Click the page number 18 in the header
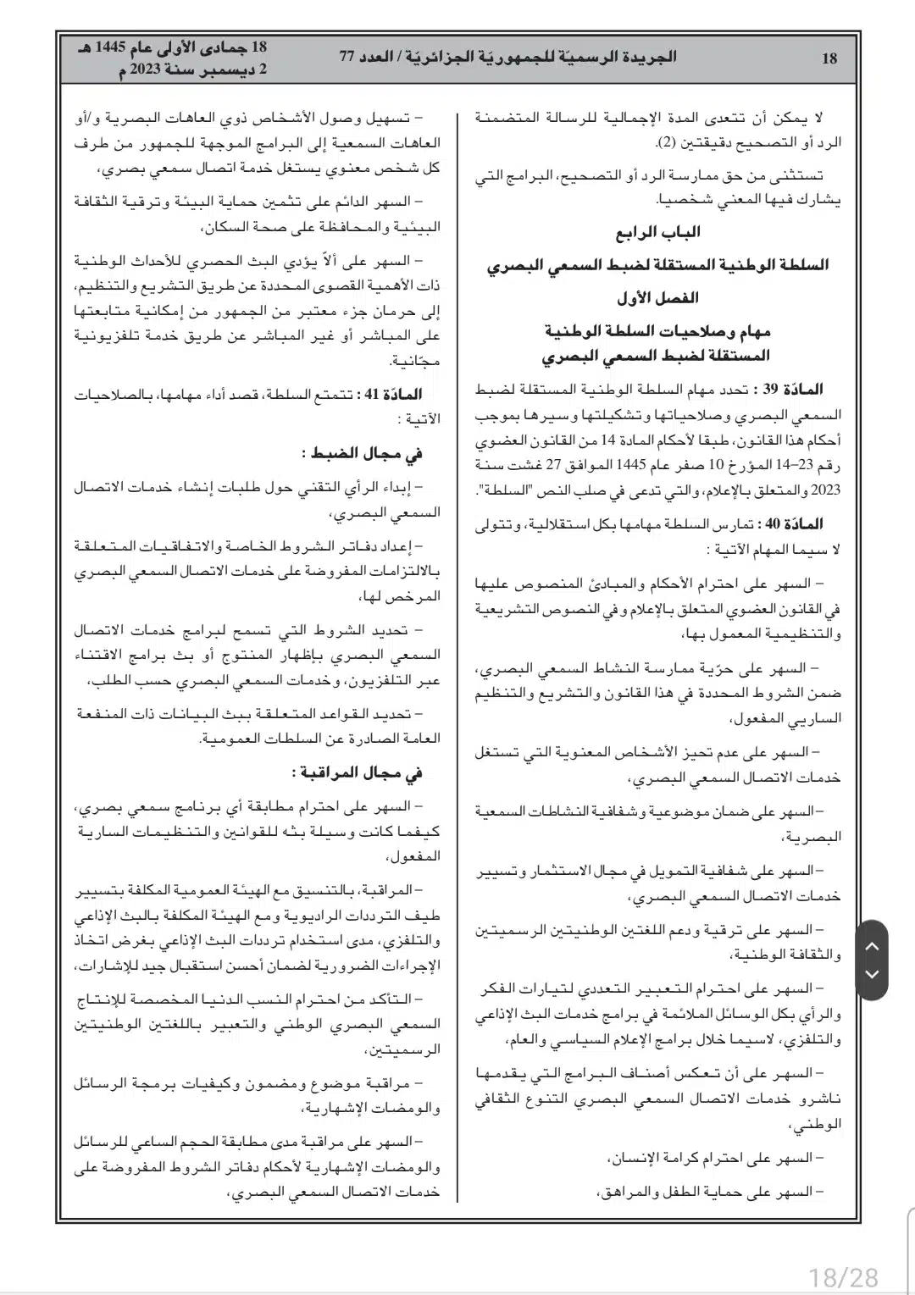pyautogui.click(x=829, y=58)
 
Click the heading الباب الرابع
pyautogui.click(x=657, y=232)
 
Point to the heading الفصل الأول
pyautogui.click(x=657, y=298)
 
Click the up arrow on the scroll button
pyautogui.click(x=873, y=946)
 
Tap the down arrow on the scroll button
pyautogui.click(x=873, y=974)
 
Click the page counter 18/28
pyautogui.click(x=844, y=1276)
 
